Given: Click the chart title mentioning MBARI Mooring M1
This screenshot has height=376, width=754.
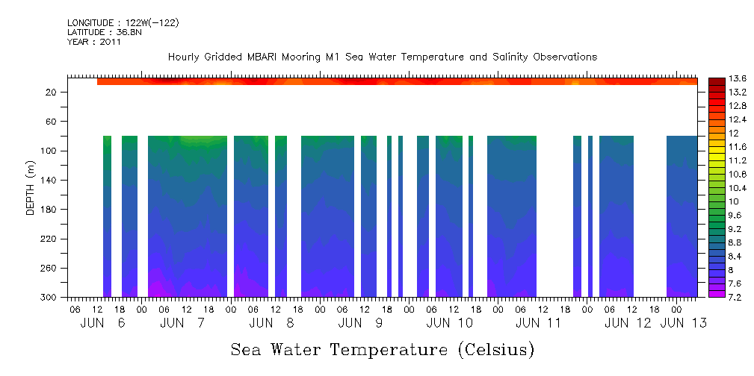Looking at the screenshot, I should coord(383,57).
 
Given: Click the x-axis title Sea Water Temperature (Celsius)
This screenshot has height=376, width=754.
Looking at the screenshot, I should coord(382,349).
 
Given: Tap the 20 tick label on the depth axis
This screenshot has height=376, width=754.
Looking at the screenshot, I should coord(52,92).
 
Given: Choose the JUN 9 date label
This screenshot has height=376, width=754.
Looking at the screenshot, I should coord(361,323).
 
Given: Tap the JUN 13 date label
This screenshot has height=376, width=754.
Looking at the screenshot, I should coord(684,323).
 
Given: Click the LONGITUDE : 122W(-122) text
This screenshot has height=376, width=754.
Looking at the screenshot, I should coord(123,23).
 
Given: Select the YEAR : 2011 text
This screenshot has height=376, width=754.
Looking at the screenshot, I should coord(93,42).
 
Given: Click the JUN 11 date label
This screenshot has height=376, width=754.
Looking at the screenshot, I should coord(539,323).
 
